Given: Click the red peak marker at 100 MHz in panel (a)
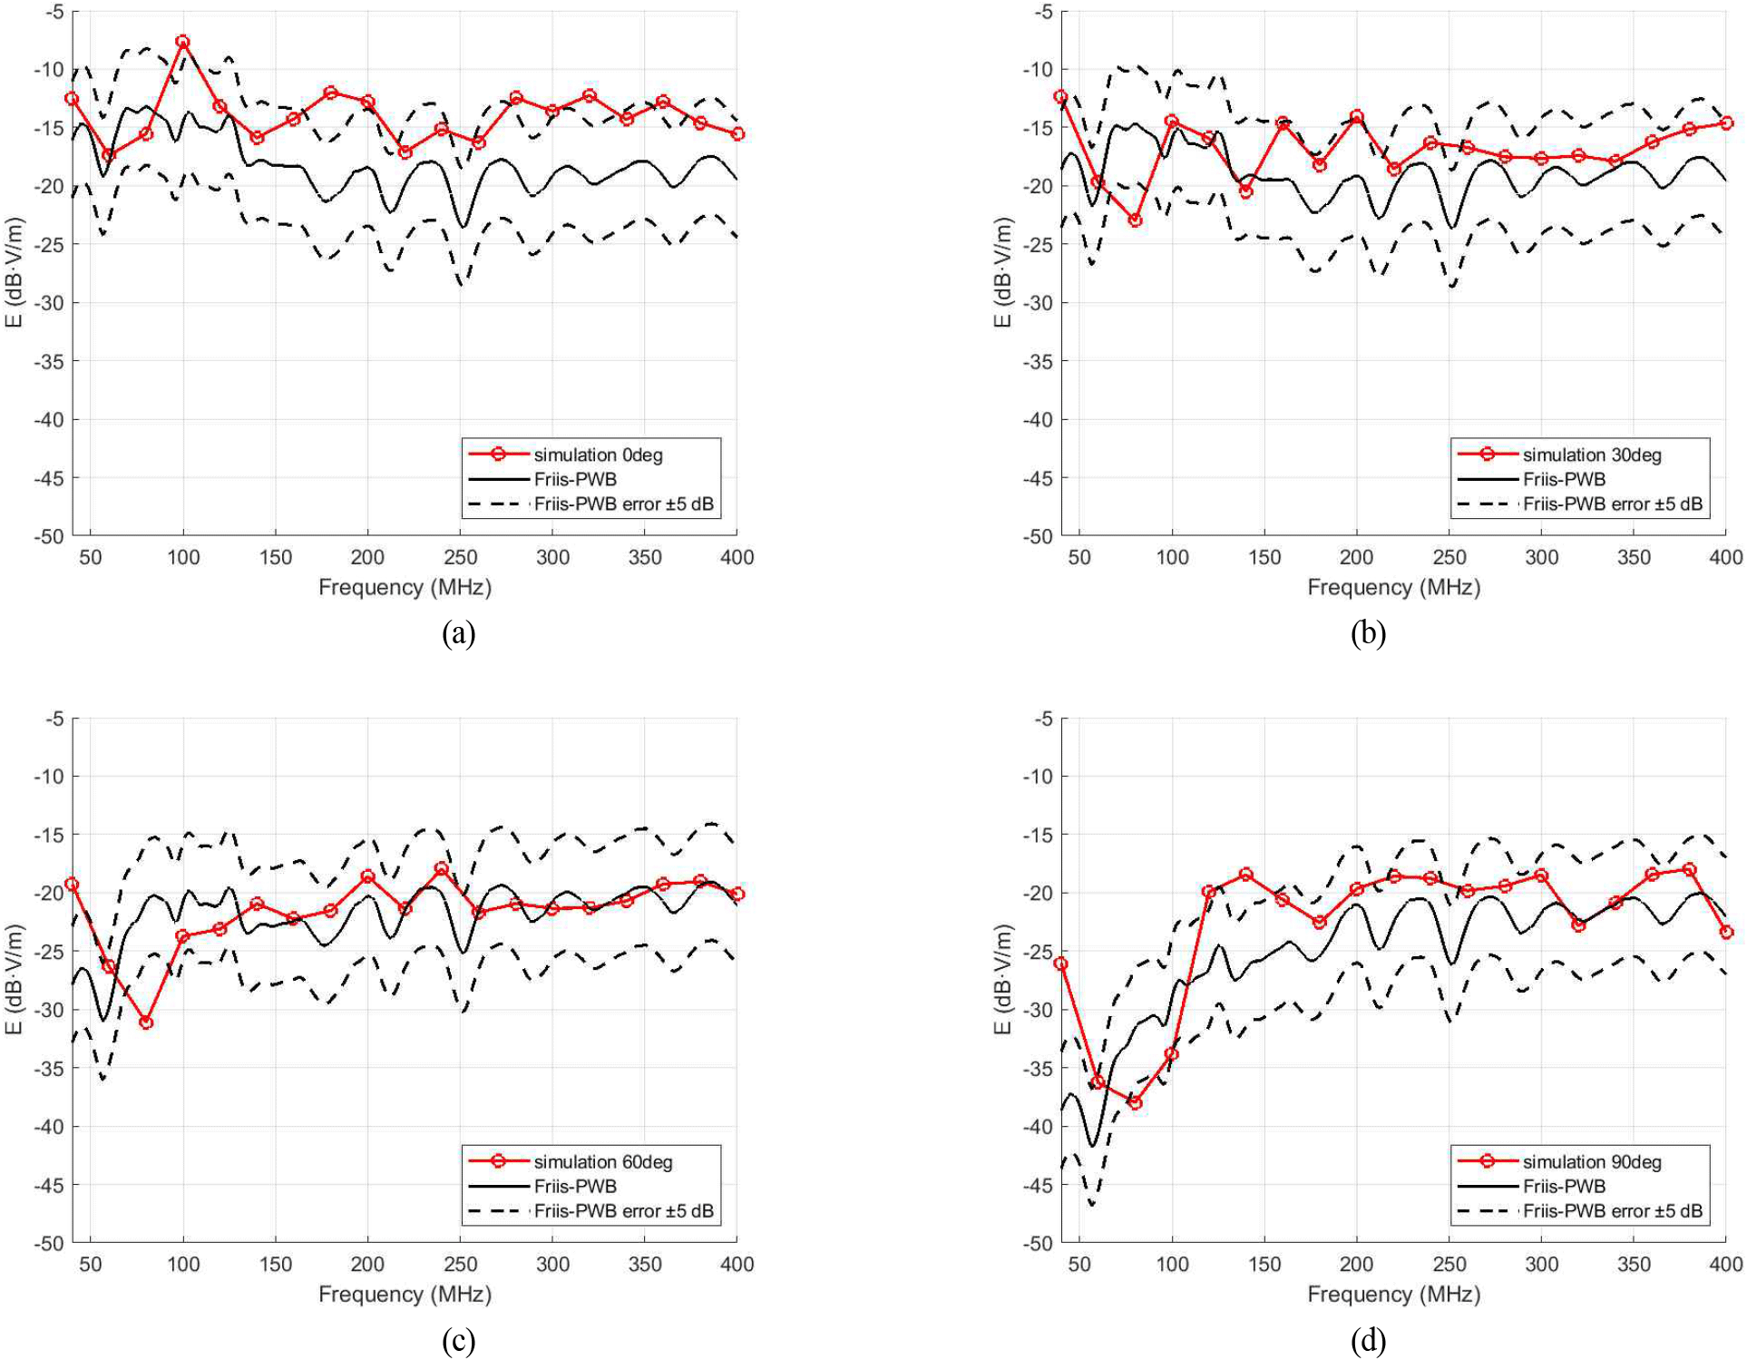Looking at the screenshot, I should (x=183, y=42).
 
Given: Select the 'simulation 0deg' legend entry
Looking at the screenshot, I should (x=597, y=455).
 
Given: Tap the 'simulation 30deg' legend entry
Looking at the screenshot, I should (x=1591, y=455).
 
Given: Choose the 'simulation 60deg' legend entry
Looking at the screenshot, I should (x=602, y=1161).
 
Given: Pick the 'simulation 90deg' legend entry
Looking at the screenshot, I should (x=1591, y=1161).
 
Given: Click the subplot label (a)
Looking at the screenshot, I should (x=458, y=632).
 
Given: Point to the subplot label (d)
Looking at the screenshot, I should (x=1368, y=1339).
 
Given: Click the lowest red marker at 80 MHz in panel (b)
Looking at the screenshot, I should (x=1135, y=220).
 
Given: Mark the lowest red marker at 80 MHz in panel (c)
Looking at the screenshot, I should (x=146, y=1022).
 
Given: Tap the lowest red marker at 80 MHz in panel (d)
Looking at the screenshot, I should (x=1135, y=1102).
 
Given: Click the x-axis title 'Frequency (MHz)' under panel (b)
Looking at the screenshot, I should (x=1393, y=587).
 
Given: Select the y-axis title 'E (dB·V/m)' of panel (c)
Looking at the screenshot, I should (x=15, y=980).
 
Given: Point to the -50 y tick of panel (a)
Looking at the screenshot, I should (x=49, y=536).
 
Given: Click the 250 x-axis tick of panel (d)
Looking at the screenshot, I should (x=1449, y=1264).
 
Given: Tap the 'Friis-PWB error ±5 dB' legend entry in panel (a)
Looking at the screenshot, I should (x=623, y=504).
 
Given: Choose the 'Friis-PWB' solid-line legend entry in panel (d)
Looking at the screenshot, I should (x=1564, y=1186).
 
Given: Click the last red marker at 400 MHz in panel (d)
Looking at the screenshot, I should (x=1726, y=932).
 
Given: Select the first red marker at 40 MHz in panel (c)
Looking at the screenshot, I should (x=72, y=884).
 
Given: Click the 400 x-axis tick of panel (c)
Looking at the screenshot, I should (x=737, y=1264).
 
